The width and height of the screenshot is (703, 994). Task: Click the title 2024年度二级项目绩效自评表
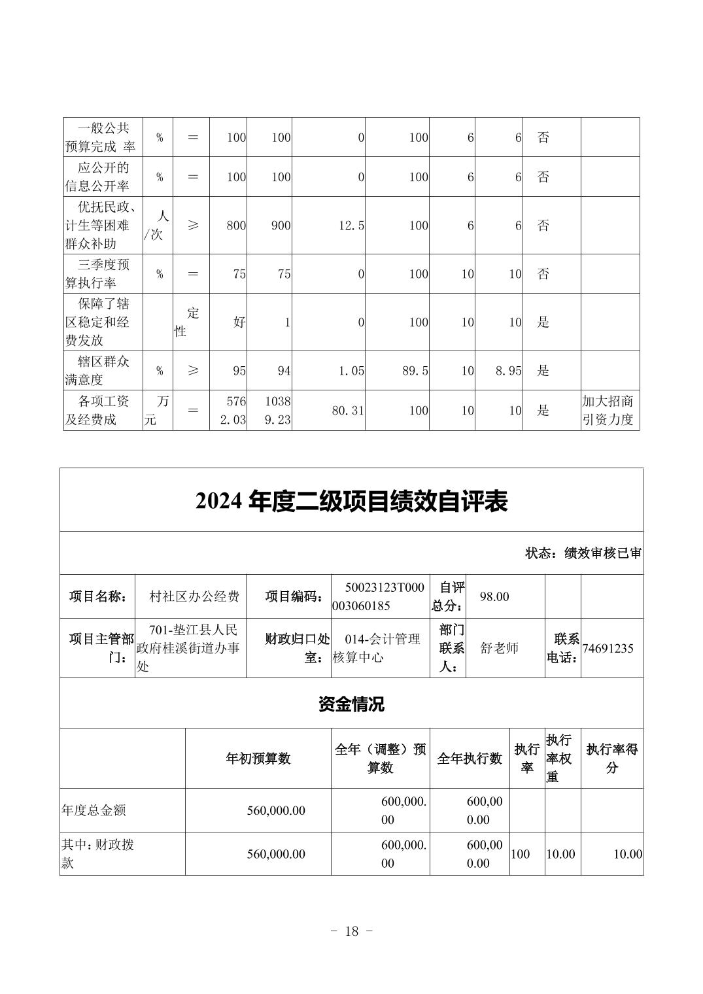351,502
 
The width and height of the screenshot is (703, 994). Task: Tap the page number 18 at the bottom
351,931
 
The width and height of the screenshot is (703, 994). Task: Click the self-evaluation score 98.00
494,596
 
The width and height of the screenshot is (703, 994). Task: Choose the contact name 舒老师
499,648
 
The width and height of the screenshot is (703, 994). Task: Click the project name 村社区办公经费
194,596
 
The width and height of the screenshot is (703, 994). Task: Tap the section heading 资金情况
351,704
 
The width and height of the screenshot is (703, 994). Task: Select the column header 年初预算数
258,759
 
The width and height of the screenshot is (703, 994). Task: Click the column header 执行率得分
611,759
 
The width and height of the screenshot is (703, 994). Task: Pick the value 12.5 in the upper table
351,226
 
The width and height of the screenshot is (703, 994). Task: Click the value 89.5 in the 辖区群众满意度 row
415,371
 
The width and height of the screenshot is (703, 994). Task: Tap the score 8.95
507,371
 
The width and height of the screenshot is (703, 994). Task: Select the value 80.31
347,411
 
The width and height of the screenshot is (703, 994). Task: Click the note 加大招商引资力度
608,411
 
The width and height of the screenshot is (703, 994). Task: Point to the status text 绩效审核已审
602,553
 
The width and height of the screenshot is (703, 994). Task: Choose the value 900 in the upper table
280,226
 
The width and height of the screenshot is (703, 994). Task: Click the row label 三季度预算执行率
97,274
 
